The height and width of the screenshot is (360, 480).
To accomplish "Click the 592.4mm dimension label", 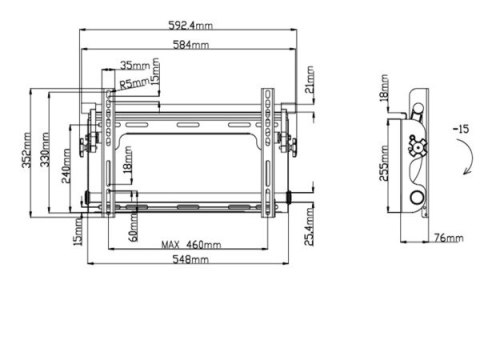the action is click(190, 25).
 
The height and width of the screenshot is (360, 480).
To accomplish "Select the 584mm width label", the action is click(191, 45).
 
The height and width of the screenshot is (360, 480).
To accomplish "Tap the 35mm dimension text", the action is click(135, 65).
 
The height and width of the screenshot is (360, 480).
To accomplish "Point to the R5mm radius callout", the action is click(134, 83).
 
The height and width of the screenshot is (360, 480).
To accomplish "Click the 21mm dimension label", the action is click(310, 79).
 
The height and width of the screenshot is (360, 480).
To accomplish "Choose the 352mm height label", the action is click(27, 150).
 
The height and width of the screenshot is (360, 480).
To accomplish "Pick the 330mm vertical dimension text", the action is click(45, 149).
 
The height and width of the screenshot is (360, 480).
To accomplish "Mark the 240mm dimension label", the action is click(66, 166).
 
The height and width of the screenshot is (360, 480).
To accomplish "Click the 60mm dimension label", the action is click(133, 228).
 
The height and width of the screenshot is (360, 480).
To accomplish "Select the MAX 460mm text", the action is click(191, 245).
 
